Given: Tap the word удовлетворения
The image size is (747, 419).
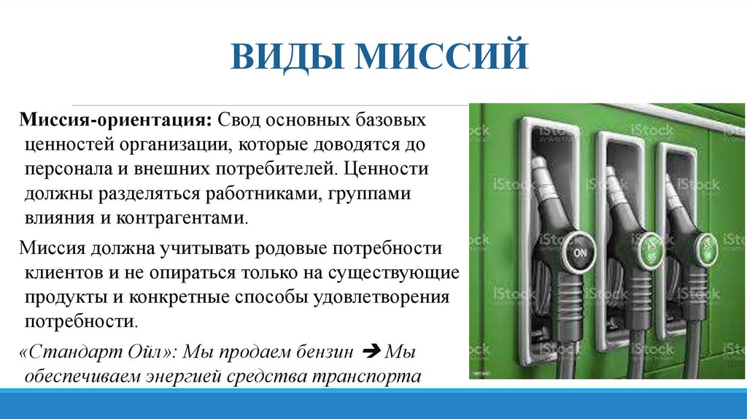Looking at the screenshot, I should (x=384, y=297).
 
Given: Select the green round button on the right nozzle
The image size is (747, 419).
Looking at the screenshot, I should (x=706, y=245).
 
